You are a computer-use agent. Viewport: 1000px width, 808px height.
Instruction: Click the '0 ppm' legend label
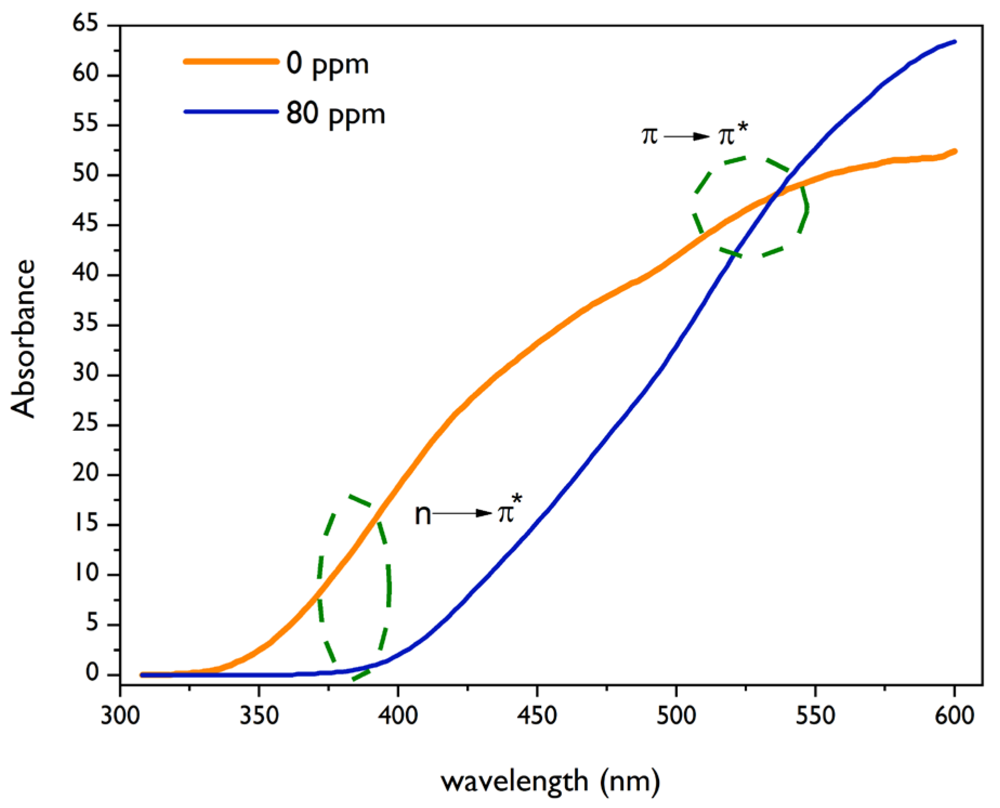[x=327, y=64]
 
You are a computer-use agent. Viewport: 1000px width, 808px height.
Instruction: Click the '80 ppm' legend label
[x=335, y=114]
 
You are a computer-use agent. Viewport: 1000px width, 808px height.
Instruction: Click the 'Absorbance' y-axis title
[x=23, y=339]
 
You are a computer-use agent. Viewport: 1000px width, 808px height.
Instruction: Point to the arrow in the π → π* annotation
[x=687, y=136]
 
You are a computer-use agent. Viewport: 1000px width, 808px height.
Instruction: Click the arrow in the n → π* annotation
[x=462, y=513]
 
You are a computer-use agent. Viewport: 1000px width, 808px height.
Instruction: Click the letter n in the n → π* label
[x=423, y=515]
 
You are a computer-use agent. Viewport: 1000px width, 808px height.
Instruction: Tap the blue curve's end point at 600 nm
[x=954, y=41]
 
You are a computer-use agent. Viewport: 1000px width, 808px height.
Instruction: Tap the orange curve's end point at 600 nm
[x=954, y=152]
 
